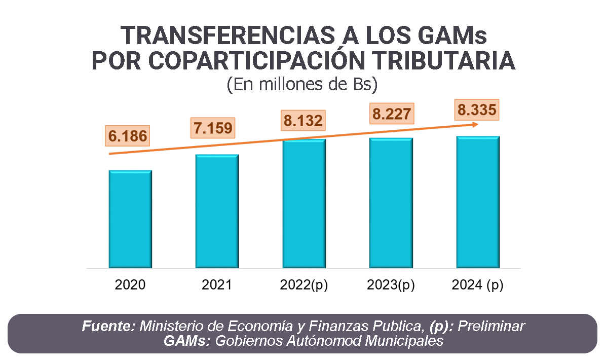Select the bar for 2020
coord(130,219)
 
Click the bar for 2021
coord(217,211)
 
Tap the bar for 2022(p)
coord(304,203)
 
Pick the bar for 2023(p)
coord(391,202)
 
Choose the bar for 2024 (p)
coord(478,202)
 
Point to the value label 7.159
coord(213,127)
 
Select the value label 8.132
coord(302,120)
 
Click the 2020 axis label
coord(130,285)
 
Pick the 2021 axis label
coord(217,285)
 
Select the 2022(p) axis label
coord(304,285)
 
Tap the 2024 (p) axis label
coord(477,285)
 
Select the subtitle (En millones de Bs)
coord(302,84)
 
